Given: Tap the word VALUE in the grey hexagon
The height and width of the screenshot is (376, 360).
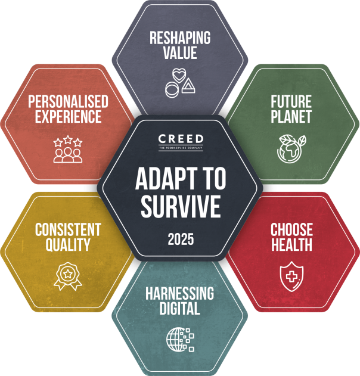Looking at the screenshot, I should [179, 53].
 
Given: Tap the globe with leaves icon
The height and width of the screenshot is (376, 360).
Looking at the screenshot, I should [291, 148].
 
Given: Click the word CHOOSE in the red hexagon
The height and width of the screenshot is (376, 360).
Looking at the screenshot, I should [291, 229].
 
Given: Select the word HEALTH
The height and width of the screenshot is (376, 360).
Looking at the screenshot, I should [291, 244].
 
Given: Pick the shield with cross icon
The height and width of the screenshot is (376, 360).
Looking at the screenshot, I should [291, 275].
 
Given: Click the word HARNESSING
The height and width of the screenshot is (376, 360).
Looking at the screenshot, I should [179, 293].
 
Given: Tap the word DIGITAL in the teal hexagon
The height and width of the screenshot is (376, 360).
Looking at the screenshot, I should [179, 309].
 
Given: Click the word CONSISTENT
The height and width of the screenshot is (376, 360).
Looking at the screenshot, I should [67, 229].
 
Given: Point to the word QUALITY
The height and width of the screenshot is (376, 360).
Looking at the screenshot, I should [67, 244].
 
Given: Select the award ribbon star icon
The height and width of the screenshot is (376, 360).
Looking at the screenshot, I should [67, 276].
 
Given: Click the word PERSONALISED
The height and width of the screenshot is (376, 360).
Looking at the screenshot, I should [68, 101].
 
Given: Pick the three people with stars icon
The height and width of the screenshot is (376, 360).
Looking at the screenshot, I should [67, 149].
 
